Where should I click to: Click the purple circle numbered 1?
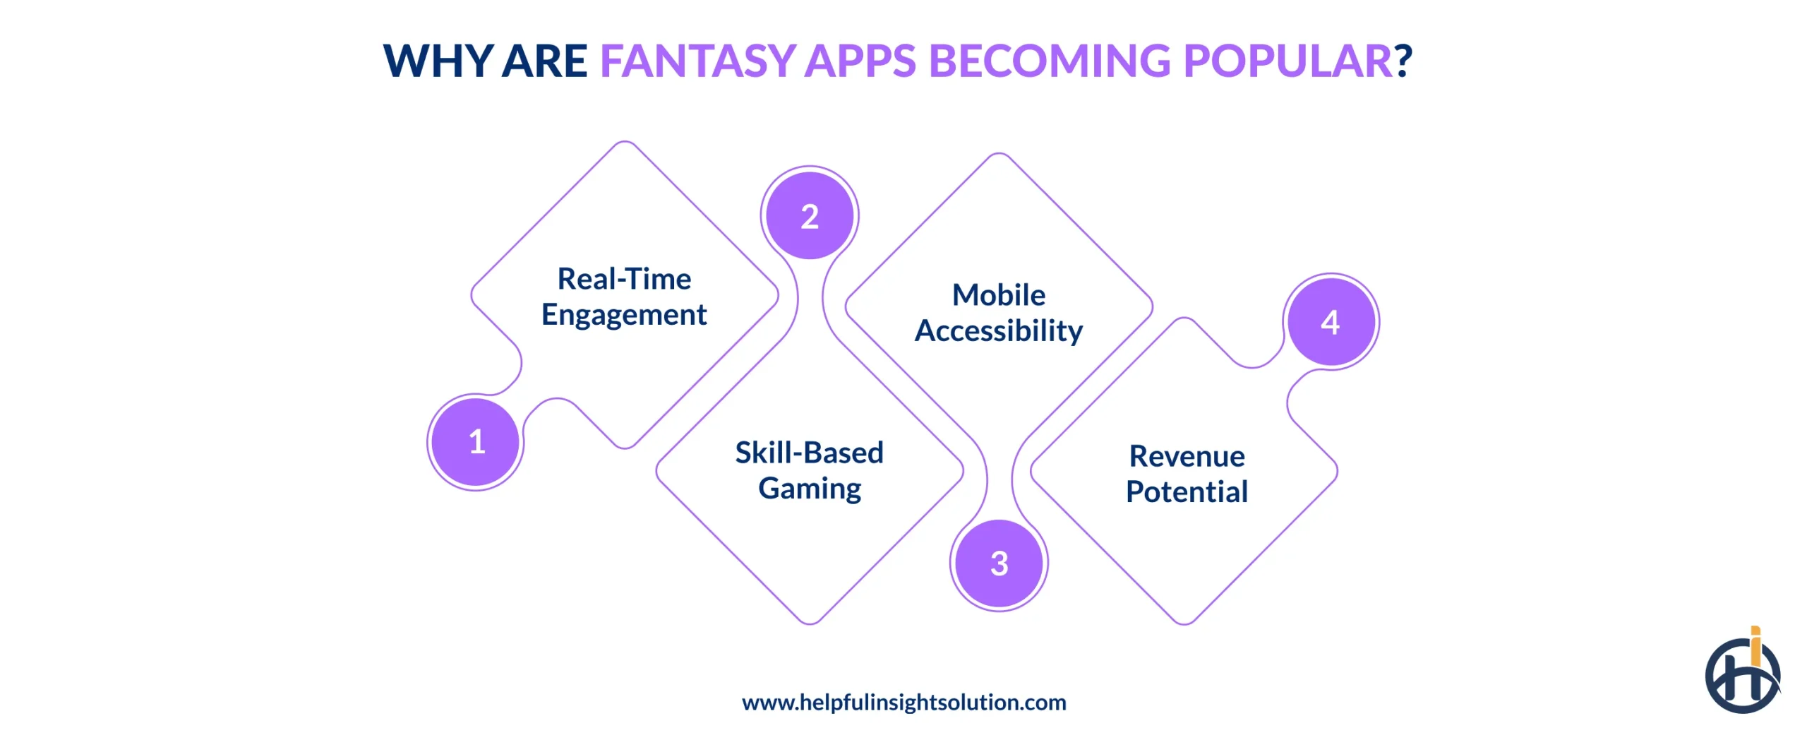click(476, 442)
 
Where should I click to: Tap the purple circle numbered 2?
click(810, 216)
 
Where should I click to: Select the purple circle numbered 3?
click(999, 563)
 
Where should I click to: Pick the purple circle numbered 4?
click(1331, 322)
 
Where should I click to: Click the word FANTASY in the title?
click(697, 61)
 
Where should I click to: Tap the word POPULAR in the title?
click(1286, 61)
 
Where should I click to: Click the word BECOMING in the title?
click(1049, 61)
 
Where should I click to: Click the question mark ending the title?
click(1403, 61)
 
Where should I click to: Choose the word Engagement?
click(624, 315)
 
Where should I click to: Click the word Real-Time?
click(624, 279)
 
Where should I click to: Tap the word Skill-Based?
click(809, 453)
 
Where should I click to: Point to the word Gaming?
click(810, 489)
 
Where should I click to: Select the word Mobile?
click(998, 295)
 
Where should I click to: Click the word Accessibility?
click(998, 330)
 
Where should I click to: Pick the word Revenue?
click(1187, 456)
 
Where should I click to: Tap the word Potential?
click(1187, 491)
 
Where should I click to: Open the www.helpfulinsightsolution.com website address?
click(903, 702)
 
